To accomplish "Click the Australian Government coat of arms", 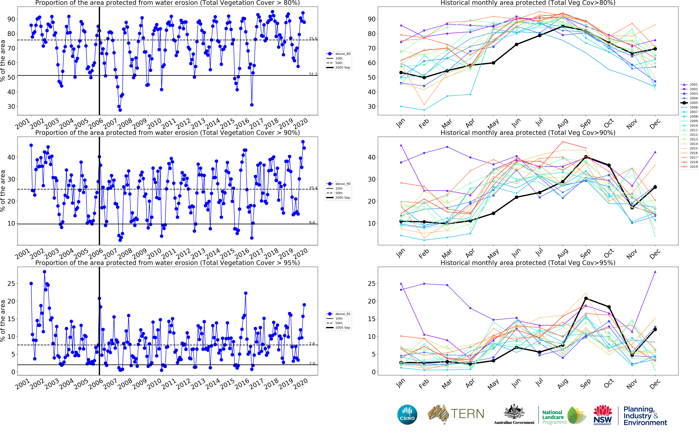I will [514, 412].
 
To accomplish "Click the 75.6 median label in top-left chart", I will [313, 39].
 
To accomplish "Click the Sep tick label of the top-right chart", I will [586, 123].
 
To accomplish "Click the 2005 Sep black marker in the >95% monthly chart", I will [586, 298].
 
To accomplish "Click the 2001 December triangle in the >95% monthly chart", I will [655, 272].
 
